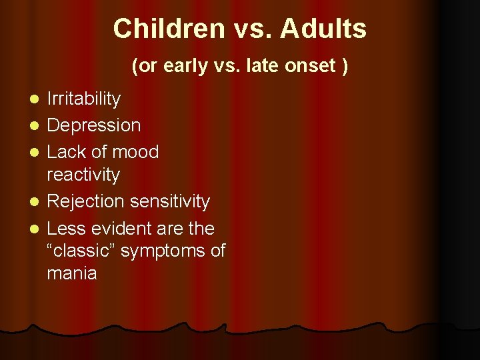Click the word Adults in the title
(x=323, y=29)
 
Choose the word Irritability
(x=84, y=99)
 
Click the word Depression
(x=94, y=125)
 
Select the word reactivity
(x=83, y=175)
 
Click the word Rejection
(x=86, y=201)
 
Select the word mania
(x=72, y=273)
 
